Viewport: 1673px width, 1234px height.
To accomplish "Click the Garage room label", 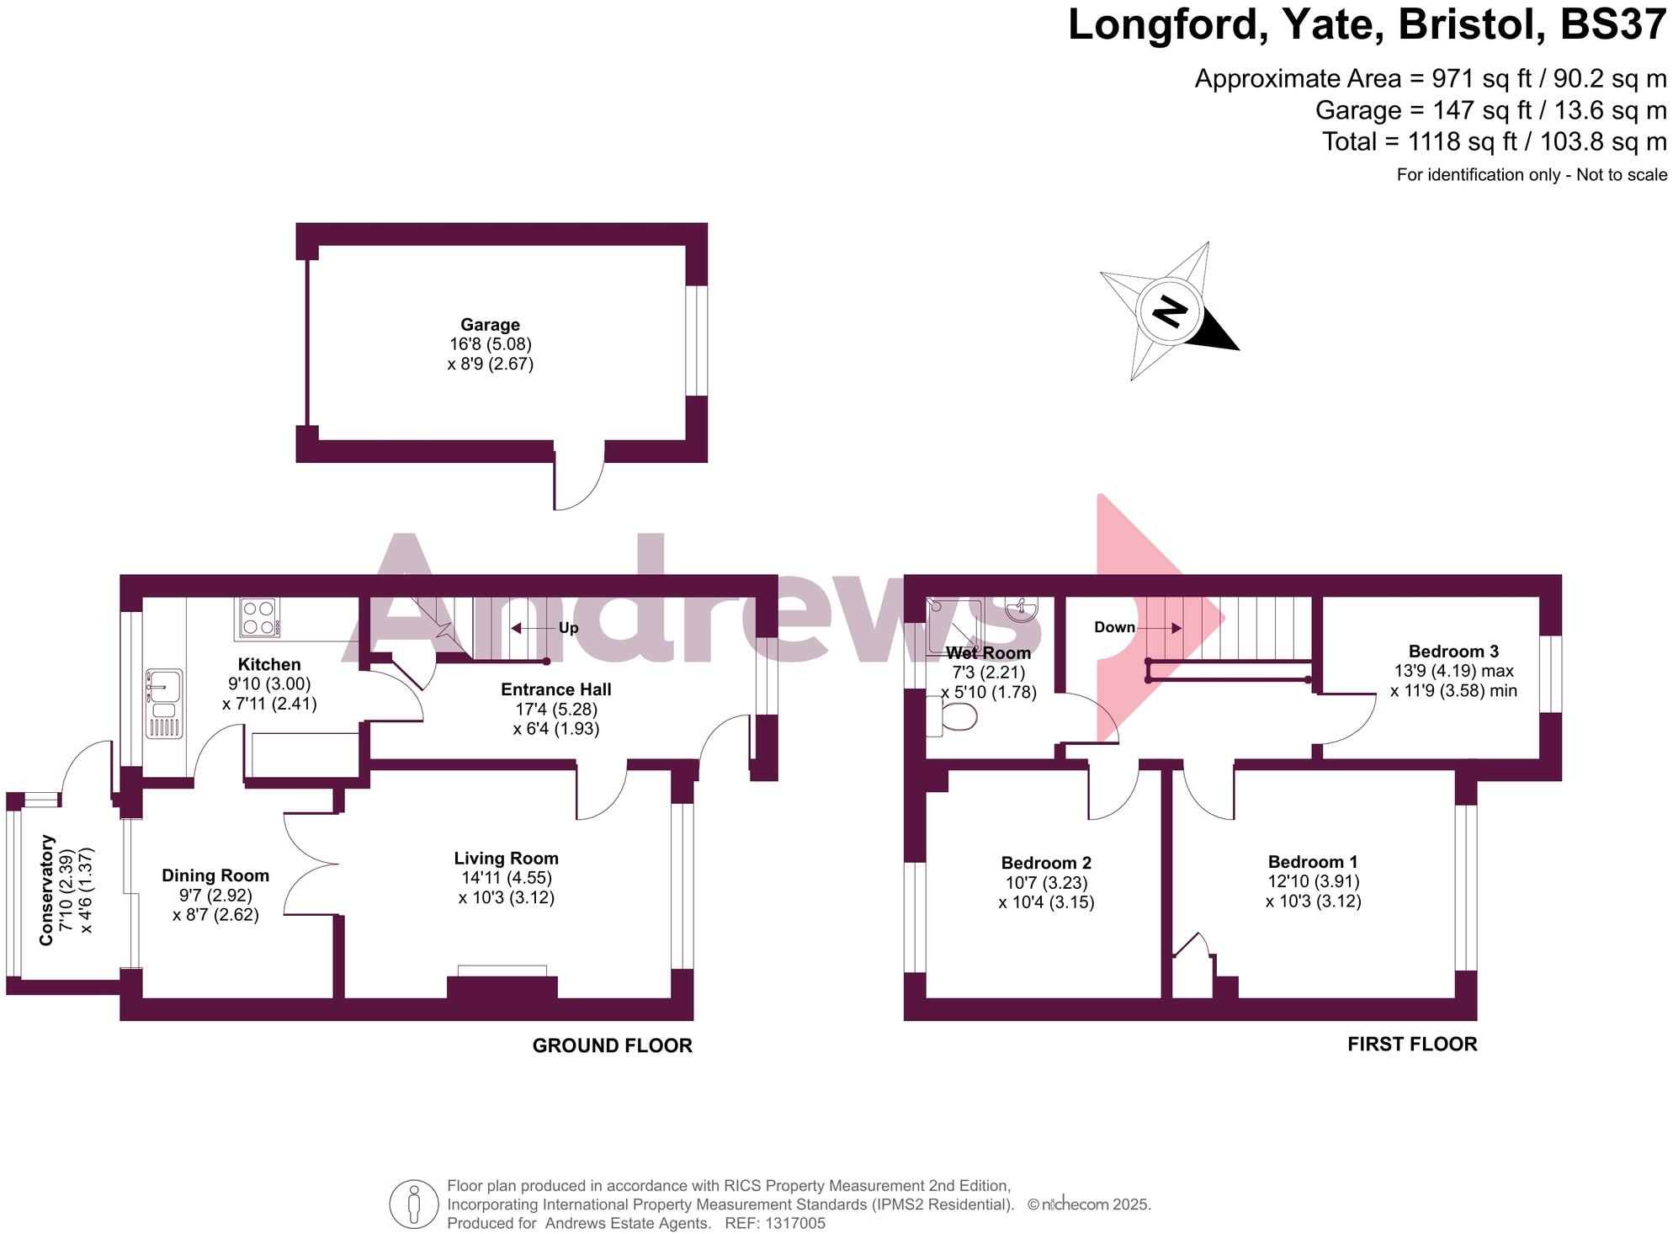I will coord(490,325).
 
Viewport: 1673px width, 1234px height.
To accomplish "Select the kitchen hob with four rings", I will coord(258,617).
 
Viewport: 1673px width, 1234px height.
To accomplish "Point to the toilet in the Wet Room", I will coord(955,716).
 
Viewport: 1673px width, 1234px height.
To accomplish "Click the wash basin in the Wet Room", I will coord(1022,609).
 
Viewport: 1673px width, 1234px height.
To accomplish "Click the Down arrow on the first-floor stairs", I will coord(1165,628).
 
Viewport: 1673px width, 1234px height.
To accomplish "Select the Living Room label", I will coord(506,859).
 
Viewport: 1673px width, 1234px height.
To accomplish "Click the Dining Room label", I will coord(215,876).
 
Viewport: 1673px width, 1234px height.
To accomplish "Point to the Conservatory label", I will coord(47,890).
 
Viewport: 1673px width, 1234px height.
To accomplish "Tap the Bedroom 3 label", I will coord(1453,652).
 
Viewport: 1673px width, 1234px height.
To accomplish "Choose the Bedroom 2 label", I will coord(1046,863).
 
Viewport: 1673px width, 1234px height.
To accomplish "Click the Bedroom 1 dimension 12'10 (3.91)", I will coord(1314,881).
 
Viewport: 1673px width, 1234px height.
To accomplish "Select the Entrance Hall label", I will coord(555,689).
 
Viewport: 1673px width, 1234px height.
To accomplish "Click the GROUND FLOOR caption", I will coord(612,1045).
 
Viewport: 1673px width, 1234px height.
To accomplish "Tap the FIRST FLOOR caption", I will coord(1412,1044).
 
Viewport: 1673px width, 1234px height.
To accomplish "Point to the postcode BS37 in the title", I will coord(1612,24).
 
